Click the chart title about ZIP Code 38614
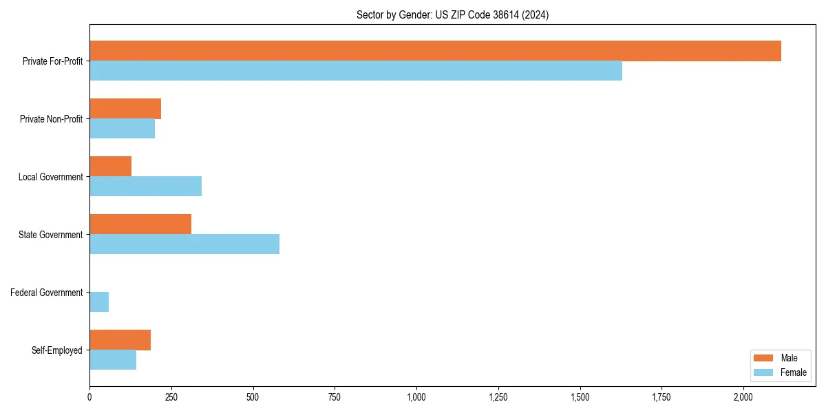(452, 14)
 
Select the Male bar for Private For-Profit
(435, 51)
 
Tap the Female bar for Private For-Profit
(356, 71)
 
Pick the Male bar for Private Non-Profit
(125, 109)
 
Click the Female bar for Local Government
(145, 187)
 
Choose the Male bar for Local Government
(110, 167)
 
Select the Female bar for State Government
(184, 244)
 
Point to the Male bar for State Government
(140, 224)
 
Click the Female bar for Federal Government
(99, 302)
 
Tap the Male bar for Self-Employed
(120, 340)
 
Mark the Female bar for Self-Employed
(113, 360)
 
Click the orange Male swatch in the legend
(764, 358)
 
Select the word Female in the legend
(793, 372)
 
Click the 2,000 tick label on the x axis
(743, 398)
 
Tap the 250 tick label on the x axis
(171, 398)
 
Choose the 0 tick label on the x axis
(89, 398)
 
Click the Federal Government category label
(47, 293)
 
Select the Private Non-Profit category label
(51, 119)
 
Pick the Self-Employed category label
(57, 350)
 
